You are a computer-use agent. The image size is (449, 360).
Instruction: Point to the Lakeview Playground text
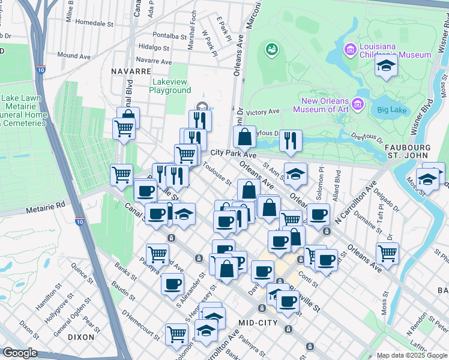coord(170,86)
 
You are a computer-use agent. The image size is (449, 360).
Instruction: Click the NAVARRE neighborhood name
coord(130,71)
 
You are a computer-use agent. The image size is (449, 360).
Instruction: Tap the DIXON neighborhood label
coord(81,337)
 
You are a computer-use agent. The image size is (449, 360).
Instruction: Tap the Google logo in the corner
coord(20,353)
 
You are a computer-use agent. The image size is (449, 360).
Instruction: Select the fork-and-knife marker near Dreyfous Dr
coord(291,140)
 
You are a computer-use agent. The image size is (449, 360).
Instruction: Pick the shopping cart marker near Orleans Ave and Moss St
coord(387,253)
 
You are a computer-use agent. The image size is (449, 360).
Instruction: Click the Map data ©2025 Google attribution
coord(412,355)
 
